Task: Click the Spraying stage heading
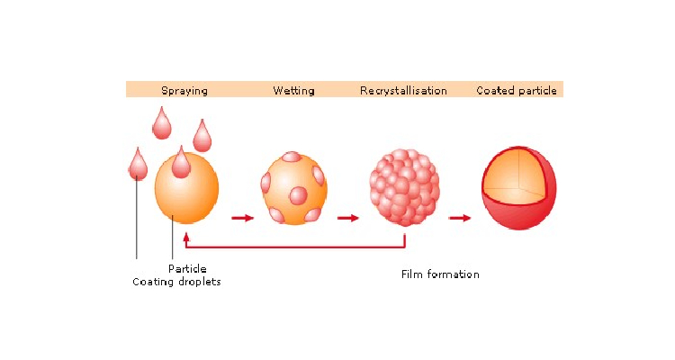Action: click(184, 90)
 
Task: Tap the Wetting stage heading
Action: click(293, 90)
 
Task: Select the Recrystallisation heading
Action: click(403, 90)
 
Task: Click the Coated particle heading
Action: click(517, 90)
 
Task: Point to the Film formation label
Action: click(440, 274)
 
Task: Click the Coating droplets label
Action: click(176, 282)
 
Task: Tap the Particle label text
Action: click(187, 269)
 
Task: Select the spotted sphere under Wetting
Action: click(294, 188)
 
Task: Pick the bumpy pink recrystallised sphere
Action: click(404, 187)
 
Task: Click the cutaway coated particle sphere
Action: click(518, 188)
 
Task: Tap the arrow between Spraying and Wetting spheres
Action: click(242, 218)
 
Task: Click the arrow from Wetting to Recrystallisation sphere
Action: click(347, 218)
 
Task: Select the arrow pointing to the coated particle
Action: click(460, 218)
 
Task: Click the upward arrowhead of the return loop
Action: click(186, 238)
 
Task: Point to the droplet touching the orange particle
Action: click(181, 162)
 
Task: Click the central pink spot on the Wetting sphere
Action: click(298, 196)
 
